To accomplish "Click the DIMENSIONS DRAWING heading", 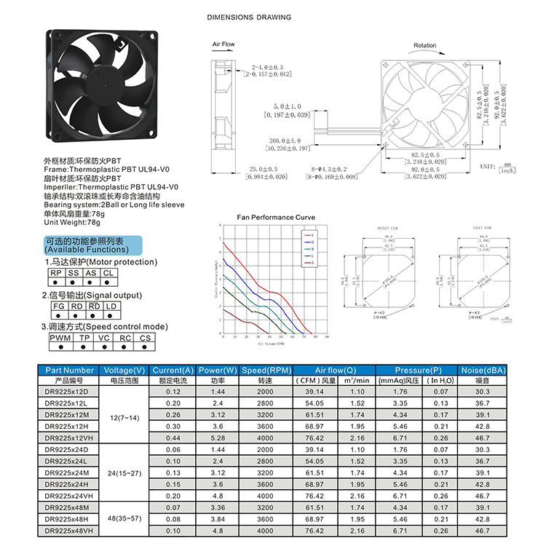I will click(249, 17).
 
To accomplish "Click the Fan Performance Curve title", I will click(276, 218).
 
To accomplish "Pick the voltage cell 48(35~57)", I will click(124, 518).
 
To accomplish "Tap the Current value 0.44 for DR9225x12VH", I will click(173, 438).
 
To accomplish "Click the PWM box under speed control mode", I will click(59, 338).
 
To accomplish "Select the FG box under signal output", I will click(58, 306).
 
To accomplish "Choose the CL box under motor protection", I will click(108, 273).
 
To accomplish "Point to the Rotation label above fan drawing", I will click(424, 46).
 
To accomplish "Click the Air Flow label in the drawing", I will click(223, 44).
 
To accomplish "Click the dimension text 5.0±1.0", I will click(287, 106).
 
